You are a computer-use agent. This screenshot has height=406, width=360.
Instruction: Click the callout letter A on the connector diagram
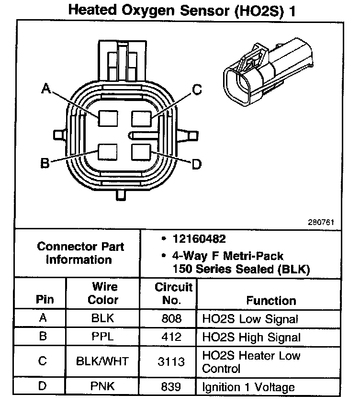click(46, 89)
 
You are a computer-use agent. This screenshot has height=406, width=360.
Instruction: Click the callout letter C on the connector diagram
click(197, 90)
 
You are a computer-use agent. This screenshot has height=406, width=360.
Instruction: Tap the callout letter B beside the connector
click(45, 163)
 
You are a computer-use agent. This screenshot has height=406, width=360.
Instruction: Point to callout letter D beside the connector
click(197, 164)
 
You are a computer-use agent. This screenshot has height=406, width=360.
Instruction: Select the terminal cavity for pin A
click(108, 118)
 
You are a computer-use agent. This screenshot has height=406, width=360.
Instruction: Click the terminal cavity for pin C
click(141, 119)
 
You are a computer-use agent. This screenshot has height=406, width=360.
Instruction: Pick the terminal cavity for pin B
click(108, 152)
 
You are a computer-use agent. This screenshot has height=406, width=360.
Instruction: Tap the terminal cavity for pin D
click(141, 152)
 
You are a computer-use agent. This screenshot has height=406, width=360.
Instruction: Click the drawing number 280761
click(321, 222)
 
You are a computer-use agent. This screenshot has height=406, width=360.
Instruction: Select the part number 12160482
click(199, 239)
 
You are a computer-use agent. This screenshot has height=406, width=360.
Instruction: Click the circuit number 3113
click(171, 362)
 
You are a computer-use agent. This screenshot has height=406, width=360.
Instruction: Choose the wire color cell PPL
click(102, 337)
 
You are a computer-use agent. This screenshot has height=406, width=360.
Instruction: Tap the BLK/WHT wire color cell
click(102, 361)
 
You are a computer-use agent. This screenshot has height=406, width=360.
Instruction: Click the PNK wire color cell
click(102, 386)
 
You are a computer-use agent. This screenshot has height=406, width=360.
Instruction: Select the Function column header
click(271, 301)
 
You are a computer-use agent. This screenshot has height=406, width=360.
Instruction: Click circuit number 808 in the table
click(171, 318)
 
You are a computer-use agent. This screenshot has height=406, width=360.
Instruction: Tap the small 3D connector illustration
click(268, 72)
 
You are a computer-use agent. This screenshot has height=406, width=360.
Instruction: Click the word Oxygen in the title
click(148, 11)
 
